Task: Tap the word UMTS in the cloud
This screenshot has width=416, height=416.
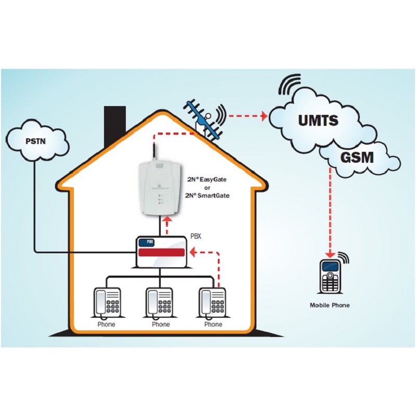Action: click(318, 121)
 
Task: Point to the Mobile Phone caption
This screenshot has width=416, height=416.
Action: click(330, 305)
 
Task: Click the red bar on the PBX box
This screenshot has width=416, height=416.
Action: click(161, 253)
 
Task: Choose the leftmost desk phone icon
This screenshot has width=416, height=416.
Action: click(107, 302)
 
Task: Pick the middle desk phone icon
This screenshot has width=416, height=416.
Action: click(160, 302)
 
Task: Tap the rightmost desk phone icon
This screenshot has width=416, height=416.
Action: click(212, 302)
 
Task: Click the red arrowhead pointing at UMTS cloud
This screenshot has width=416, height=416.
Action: click(264, 115)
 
